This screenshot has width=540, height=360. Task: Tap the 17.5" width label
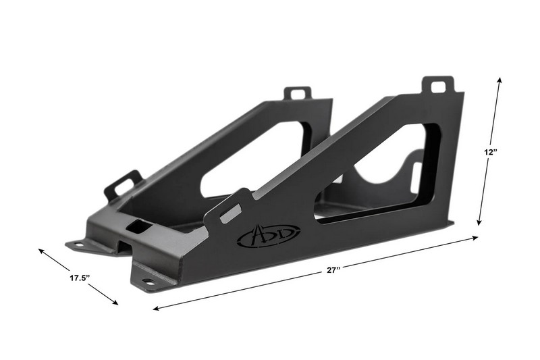(x=80, y=277)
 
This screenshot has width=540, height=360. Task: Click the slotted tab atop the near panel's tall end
(x=438, y=86)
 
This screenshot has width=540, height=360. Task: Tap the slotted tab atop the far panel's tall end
(x=297, y=93)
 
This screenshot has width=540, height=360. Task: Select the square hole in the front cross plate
(x=137, y=227)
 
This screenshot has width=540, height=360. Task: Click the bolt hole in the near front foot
(x=148, y=281)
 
